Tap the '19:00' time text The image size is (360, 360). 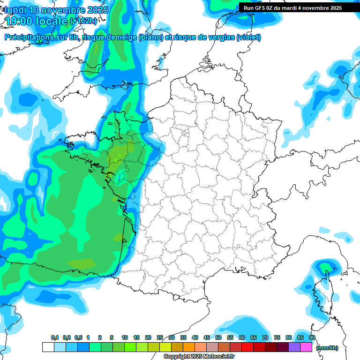(x=19, y=21)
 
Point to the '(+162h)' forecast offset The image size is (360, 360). (x=83, y=21)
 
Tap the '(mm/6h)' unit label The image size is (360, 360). (x=327, y=348)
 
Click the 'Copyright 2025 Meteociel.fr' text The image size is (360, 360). (x=199, y=357)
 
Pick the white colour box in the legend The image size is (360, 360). (x=48, y=347)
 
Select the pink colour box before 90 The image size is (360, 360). (x=306, y=347)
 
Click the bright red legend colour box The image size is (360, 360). (x=247, y=347)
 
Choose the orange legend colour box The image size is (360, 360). (x=189, y=347)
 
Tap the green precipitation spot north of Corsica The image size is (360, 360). (x=324, y=268)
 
